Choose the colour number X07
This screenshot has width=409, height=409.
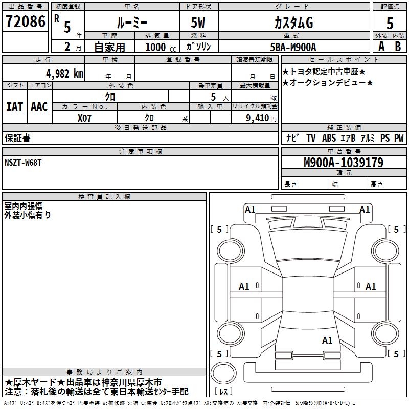click(84, 117)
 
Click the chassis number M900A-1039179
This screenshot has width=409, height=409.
click(343, 163)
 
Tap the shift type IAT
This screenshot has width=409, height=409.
click(14, 107)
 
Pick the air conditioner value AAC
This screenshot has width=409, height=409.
click(39, 107)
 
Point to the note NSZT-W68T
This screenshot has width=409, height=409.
click(23, 162)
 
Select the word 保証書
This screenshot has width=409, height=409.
click(17, 138)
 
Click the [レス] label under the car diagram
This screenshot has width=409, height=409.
click(223, 392)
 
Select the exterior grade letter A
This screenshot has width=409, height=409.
click(381, 46)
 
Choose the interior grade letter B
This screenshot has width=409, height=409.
click(398, 46)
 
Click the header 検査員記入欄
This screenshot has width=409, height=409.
click(104, 197)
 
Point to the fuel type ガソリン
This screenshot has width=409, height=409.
click(198, 47)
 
